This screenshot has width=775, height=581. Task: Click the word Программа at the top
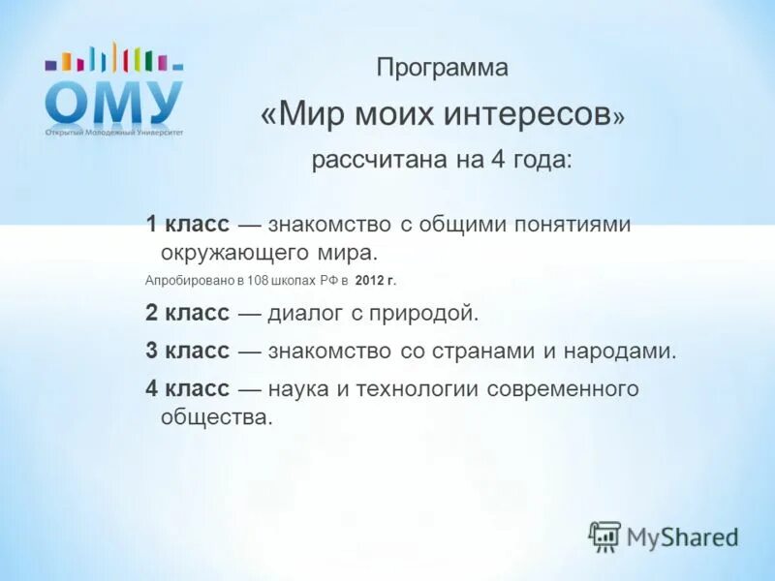pos(442,69)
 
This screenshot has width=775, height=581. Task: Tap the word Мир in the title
pos(310,114)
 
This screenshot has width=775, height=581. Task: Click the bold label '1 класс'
pos(188,225)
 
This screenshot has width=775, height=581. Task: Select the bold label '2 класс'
pos(188,313)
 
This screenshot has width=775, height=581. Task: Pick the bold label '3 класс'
pos(188,351)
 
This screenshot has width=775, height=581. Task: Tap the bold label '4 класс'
pos(188,389)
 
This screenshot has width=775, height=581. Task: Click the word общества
pos(211,417)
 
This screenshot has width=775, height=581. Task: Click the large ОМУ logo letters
pos(113,102)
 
